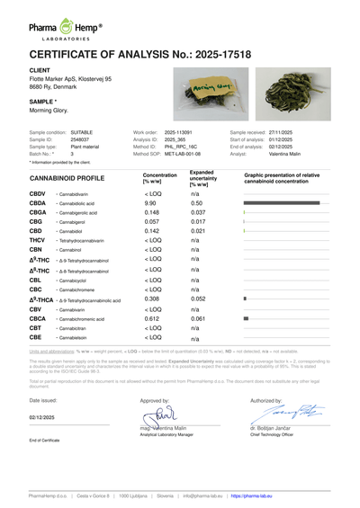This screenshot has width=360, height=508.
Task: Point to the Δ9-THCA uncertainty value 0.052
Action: pos(199,299)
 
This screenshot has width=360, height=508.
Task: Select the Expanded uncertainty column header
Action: pos(202,177)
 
